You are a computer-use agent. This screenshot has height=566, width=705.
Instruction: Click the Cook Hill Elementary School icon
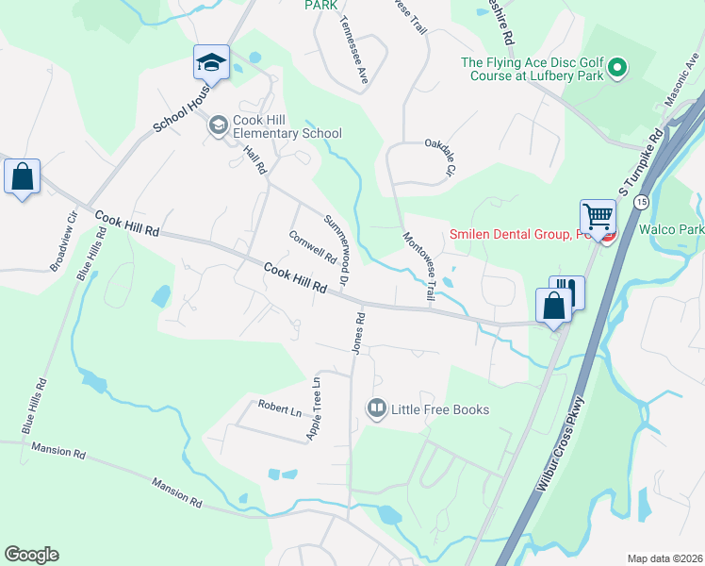pos(219,125)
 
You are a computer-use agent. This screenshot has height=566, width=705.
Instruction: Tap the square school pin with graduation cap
pos(211,63)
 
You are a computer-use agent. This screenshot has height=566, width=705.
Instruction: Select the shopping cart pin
pos(598,218)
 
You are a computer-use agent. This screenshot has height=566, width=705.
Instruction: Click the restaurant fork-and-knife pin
pos(566,291)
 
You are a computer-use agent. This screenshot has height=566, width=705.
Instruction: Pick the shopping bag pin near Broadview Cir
pos(22,176)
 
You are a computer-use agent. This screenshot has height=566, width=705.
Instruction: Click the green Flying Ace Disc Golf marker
pos(617,67)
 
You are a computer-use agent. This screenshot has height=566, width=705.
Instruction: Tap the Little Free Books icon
pos(377,408)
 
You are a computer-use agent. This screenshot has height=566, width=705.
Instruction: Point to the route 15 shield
pos(641,202)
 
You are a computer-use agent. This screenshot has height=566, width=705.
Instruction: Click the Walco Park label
pos(671,229)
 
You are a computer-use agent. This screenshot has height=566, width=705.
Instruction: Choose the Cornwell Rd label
pos(312,247)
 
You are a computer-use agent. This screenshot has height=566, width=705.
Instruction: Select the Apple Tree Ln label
pos(315,409)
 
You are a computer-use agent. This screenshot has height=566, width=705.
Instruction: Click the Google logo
pos(31,555)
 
